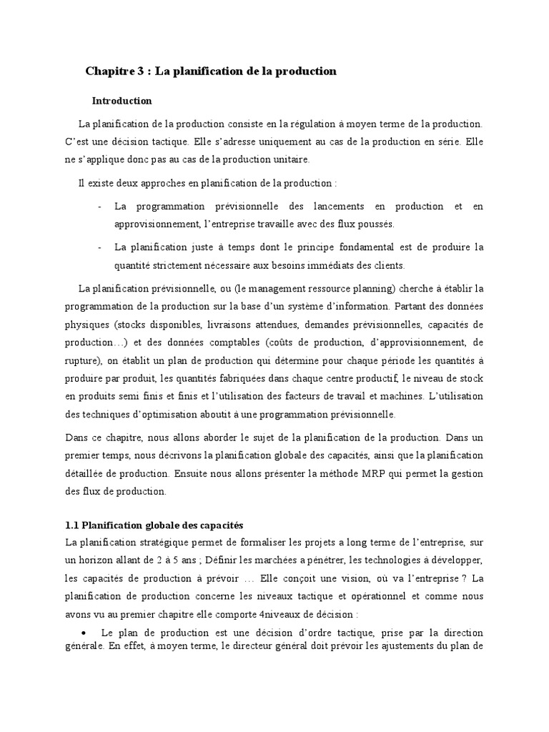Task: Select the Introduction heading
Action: click(x=122, y=101)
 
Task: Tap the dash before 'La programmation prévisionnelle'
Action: click(x=98, y=207)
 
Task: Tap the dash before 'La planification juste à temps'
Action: click(x=98, y=247)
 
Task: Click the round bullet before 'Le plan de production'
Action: click(x=84, y=633)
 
